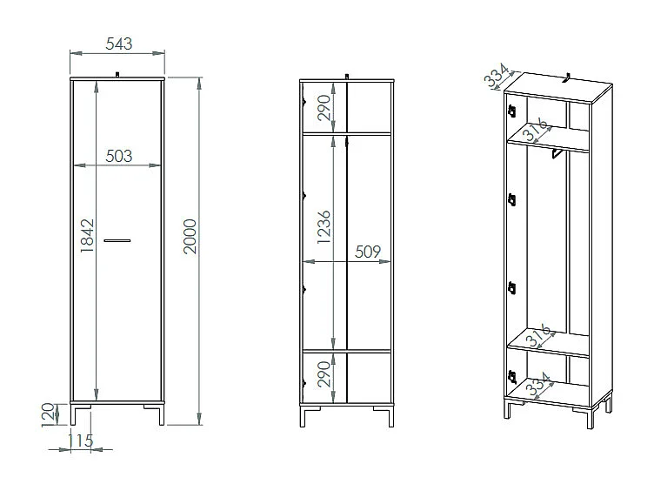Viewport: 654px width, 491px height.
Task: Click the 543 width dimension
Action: click(117, 42)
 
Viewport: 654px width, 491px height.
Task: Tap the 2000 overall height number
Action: click(190, 237)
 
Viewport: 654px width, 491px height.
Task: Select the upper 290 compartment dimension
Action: click(324, 107)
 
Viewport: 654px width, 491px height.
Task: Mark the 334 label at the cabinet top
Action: click(495, 77)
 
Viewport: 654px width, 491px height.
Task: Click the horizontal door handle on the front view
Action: click(117, 239)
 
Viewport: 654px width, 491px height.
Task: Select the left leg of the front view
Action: click(76, 414)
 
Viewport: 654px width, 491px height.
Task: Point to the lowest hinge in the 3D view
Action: click(511, 377)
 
